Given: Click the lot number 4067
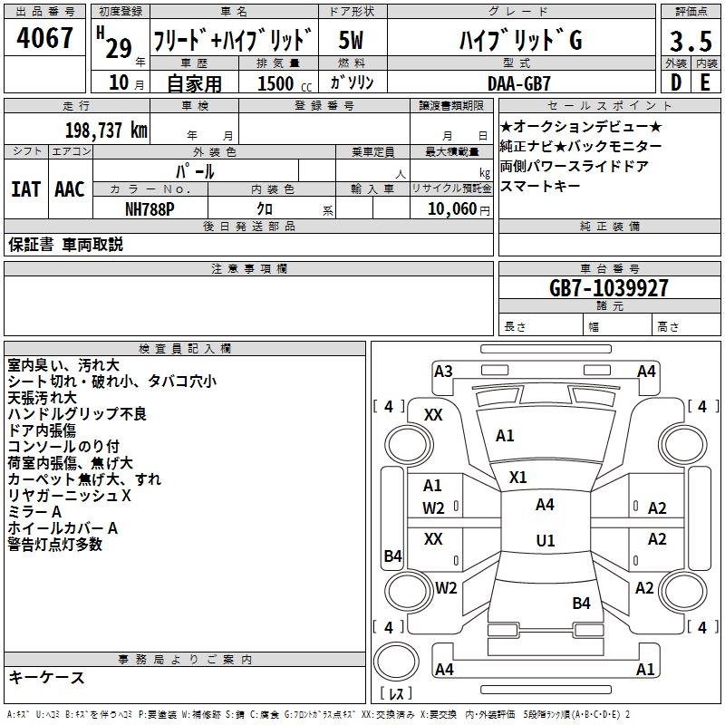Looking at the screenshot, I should [44, 39].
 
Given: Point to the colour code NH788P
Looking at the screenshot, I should [150, 208].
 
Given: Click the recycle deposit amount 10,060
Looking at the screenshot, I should [451, 209].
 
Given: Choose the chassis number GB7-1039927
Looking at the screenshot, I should [609, 288].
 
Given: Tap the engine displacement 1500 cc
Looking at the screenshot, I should [277, 83].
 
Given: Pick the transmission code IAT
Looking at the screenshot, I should [26, 188].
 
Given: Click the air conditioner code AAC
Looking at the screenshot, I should [70, 188].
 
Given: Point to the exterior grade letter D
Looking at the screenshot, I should [675, 82].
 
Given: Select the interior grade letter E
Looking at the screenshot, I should [705, 82].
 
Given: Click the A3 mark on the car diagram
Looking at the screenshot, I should [443, 371].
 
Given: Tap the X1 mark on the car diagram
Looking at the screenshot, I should [518, 477].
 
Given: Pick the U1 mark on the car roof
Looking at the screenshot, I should [545, 541].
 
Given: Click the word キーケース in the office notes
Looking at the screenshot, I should [46, 677].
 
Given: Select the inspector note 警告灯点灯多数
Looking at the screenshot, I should [55, 545].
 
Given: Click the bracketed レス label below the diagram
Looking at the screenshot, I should [396, 693].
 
